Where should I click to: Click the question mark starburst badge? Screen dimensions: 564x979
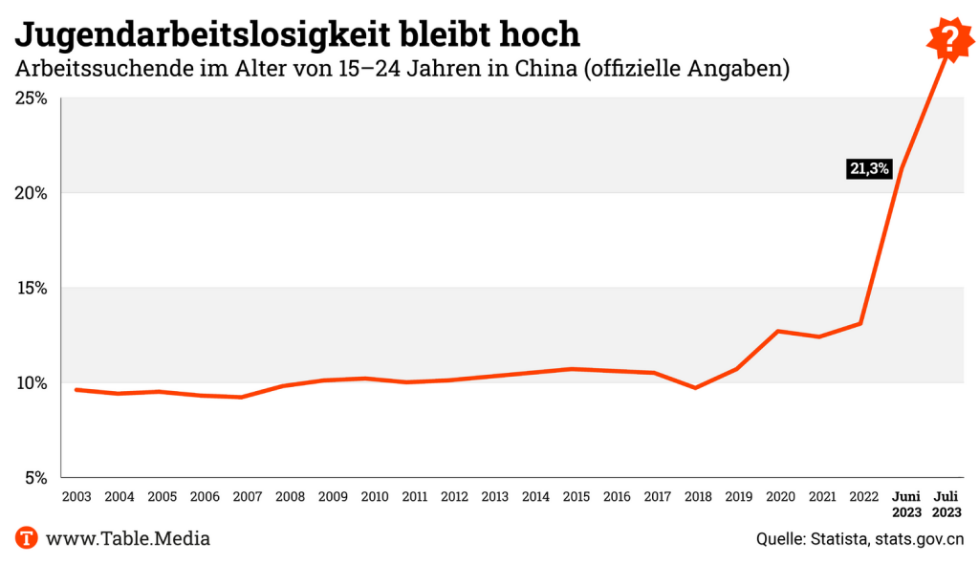(x=948, y=39)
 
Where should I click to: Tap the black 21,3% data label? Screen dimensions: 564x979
(x=869, y=169)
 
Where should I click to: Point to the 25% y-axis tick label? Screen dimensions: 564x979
(x=31, y=98)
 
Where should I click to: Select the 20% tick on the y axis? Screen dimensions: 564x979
(x=31, y=193)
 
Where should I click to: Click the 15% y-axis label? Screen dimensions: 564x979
(x=31, y=288)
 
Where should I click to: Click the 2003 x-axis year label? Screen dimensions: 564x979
(x=76, y=497)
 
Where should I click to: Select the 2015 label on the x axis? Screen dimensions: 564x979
(x=576, y=497)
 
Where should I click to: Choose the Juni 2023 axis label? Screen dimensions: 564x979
(x=906, y=504)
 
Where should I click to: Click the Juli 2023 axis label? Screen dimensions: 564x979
(x=946, y=504)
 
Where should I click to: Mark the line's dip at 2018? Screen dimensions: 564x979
(x=696, y=387)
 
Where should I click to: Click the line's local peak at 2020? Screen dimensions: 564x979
(x=779, y=331)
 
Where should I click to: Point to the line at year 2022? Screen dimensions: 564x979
(x=861, y=323)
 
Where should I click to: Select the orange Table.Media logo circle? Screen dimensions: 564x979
(x=27, y=538)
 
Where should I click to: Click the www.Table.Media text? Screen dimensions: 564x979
(x=128, y=539)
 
